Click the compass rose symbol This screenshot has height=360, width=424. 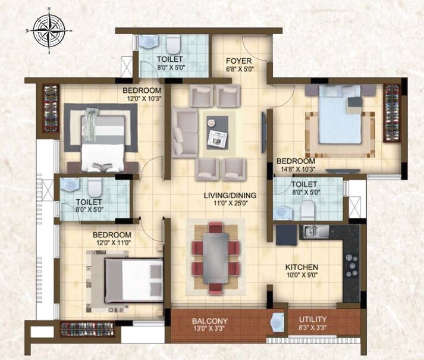click(48, 29)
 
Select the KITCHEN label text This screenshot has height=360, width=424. click(301, 267)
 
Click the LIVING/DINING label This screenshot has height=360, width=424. click(222, 194)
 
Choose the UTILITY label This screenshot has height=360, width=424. click(312, 320)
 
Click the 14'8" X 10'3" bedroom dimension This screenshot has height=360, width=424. click(295, 170)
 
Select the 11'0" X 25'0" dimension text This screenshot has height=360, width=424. click(222, 203)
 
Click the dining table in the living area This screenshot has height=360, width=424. click(216, 256)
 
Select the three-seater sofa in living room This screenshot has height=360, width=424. click(184, 133)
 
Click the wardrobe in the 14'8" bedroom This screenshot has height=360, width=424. click(391, 113)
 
